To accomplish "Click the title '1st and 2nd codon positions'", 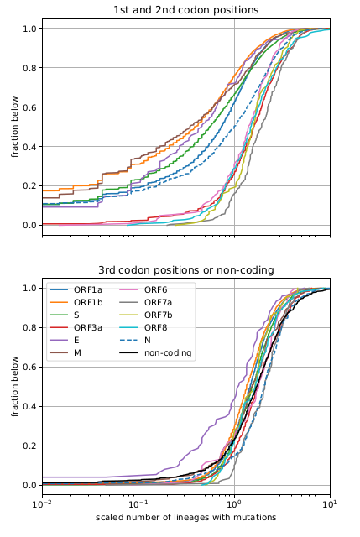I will [185, 9].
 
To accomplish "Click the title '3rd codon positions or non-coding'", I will [185, 269].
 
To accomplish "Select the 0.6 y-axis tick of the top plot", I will [29, 107].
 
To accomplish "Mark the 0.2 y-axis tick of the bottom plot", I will [29, 446].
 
